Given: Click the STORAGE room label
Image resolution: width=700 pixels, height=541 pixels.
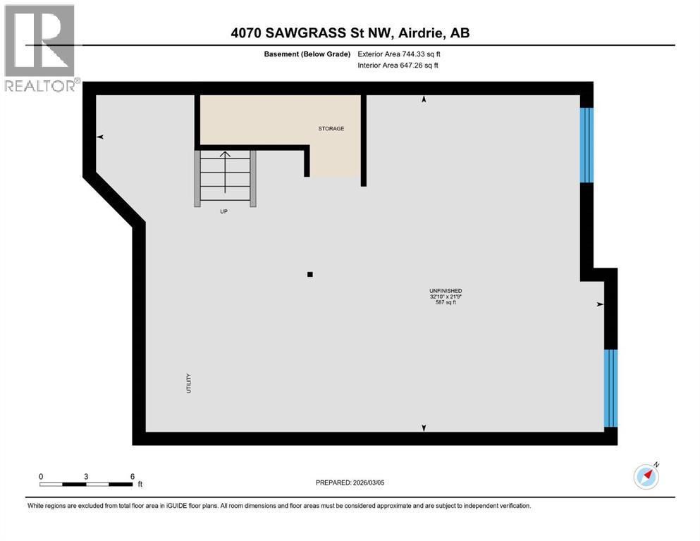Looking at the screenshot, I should tap(331, 129).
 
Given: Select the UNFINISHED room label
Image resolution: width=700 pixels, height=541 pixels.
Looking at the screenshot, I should tap(446, 291).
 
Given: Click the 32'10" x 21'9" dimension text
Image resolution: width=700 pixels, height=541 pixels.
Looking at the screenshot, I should tap(446, 297).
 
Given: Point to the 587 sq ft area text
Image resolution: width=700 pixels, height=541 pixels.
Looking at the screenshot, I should tap(446, 304).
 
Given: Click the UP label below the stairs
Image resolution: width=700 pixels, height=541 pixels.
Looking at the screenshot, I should tap(224, 211).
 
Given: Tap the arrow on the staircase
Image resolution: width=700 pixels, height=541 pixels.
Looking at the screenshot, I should tap(225, 171).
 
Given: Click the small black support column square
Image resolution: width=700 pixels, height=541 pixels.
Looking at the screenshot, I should tap(309, 275).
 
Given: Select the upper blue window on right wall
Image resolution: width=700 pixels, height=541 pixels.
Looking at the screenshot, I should tap(587, 144).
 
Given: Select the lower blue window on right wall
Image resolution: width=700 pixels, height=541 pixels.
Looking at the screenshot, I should tap(610, 388).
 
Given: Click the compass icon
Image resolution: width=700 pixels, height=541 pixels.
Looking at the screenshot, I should tap(646, 476).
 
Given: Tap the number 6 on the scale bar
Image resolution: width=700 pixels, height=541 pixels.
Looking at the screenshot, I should tap(132, 476).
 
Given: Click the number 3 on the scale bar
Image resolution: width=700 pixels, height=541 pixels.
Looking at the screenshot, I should tap(86, 476).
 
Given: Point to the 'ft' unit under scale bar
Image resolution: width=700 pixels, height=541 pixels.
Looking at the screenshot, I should tap(140, 485).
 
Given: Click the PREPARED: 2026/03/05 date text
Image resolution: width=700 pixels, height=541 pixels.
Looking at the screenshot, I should tap(350, 483).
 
